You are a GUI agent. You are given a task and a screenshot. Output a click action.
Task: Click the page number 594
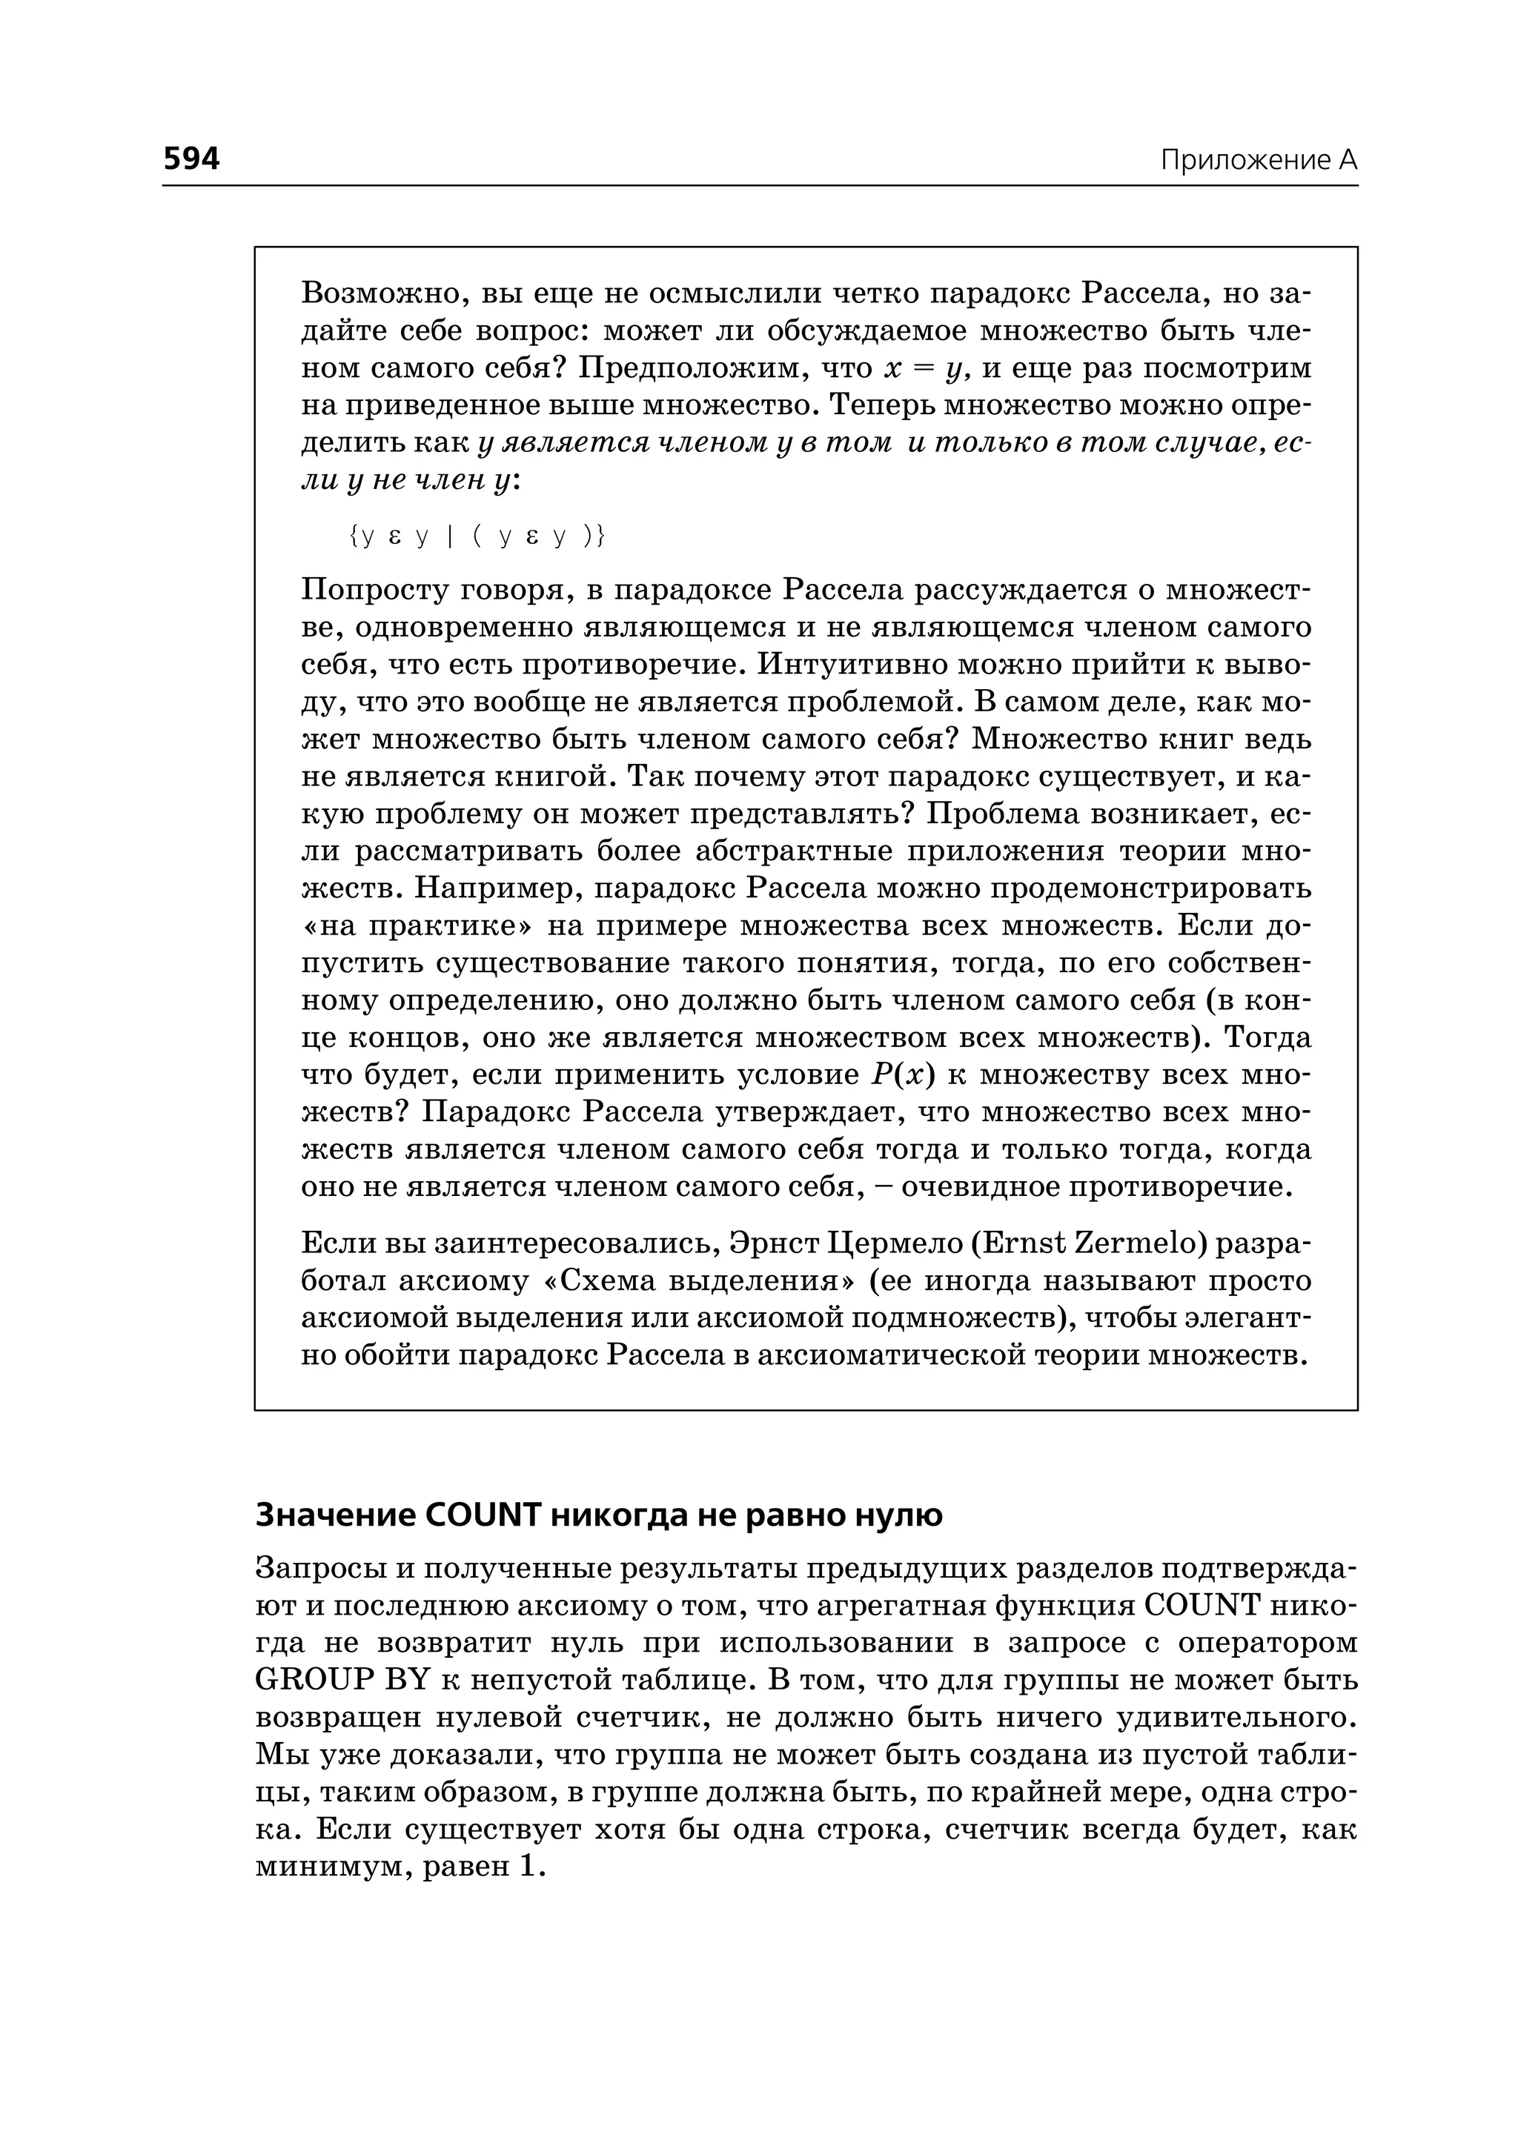click(192, 159)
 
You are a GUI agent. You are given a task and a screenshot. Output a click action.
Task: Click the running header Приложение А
click(1258, 161)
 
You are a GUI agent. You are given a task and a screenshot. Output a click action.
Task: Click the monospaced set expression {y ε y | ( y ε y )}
click(477, 536)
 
